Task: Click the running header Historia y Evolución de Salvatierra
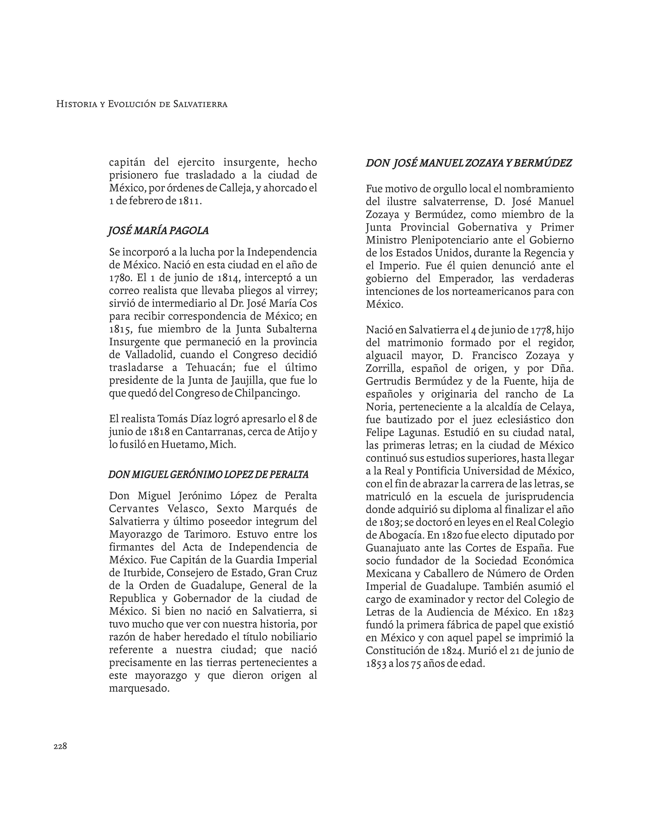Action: click(x=142, y=104)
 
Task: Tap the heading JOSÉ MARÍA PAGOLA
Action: click(x=159, y=231)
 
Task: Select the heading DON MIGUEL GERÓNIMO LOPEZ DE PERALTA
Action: click(x=209, y=475)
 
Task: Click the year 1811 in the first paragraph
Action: click(x=189, y=201)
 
